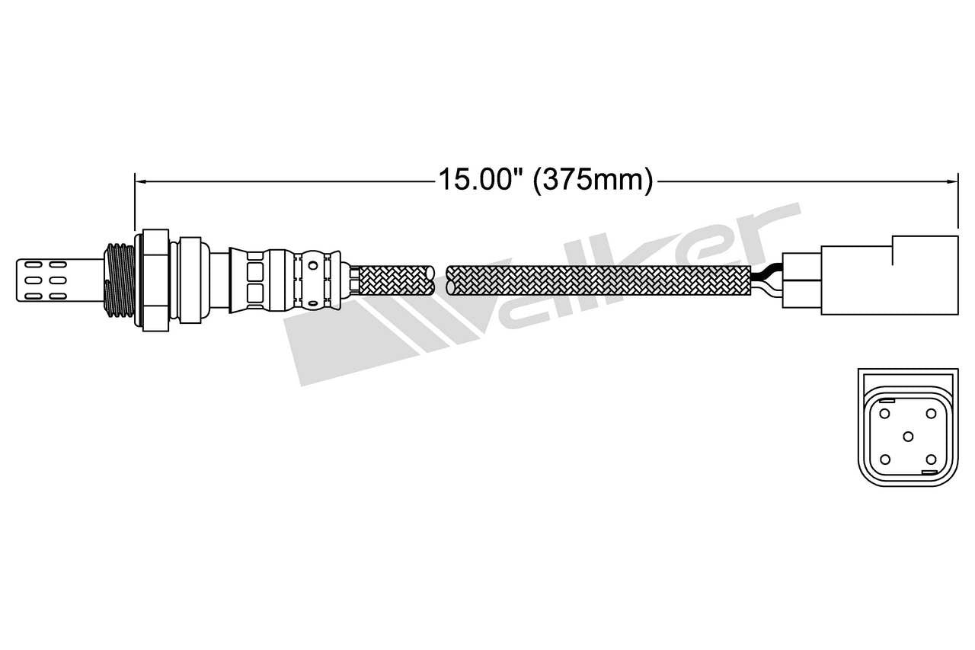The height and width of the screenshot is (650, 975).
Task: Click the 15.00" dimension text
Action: [480, 180]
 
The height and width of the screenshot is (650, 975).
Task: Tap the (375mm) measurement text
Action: [593, 180]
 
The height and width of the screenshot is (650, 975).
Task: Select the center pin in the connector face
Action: [907, 436]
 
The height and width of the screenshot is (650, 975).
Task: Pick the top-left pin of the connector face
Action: [884, 413]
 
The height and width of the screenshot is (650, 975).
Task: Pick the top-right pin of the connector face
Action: [931, 413]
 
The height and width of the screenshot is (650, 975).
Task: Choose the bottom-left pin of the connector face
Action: [884, 459]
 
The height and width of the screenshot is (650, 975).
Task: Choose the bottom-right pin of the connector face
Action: [931, 459]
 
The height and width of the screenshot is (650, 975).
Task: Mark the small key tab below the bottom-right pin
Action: [930, 473]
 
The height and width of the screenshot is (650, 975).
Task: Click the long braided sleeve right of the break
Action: [598, 280]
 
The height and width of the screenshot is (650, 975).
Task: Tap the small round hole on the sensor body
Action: [312, 267]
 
